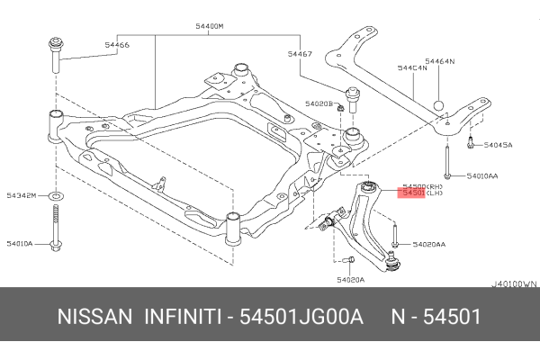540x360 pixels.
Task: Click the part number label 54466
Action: coord(115,44)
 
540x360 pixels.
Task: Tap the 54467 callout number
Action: coord(301,55)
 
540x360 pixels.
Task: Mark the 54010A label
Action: coord(21,243)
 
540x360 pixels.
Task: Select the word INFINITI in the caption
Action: coord(184,319)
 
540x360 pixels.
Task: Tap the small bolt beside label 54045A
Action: coord(470,140)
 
